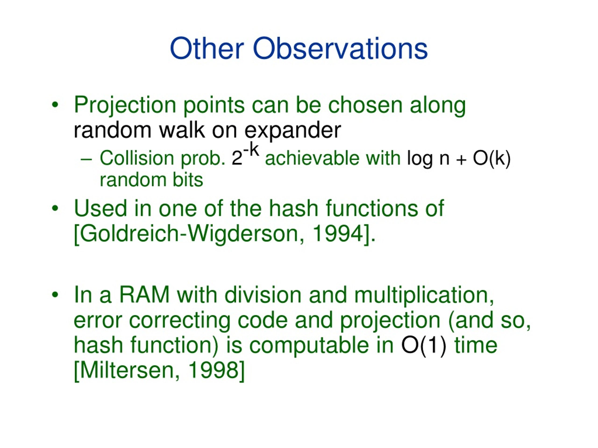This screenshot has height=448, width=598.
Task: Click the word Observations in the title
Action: coord(340,49)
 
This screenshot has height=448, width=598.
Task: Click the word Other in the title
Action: coord(207,49)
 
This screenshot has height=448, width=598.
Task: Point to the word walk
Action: coord(182,130)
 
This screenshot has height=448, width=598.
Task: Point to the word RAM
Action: coord(144,295)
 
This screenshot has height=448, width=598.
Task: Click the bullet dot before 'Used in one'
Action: coord(55,208)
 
